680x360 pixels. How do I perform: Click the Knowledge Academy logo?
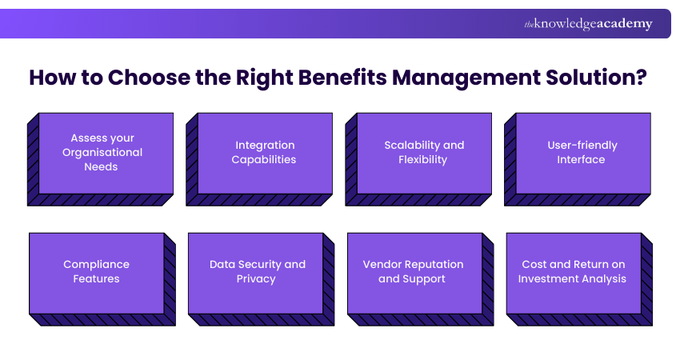click(588, 24)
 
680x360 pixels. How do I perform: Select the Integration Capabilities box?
click(264, 153)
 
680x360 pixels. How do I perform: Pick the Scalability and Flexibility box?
click(424, 153)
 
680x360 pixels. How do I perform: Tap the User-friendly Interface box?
click(582, 153)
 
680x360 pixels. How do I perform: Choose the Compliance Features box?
click(96, 272)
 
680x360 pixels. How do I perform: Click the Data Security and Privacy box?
click(256, 272)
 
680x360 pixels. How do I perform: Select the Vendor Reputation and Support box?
click(414, 272)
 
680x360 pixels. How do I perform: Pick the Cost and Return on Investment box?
click(573, 272)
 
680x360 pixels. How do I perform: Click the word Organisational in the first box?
click(102, 152)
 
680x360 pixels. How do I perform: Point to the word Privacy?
click(256, 279)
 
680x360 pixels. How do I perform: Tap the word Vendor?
click(382, 264)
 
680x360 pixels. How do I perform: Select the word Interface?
click(582, 159)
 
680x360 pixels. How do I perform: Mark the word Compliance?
click(96, 264)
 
